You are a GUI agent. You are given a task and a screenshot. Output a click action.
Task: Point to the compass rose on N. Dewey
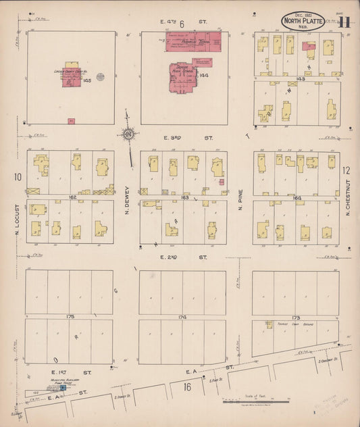(x=128, y=134)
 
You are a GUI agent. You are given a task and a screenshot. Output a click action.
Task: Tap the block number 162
(x=70, y=197)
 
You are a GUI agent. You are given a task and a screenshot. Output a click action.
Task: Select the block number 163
(x=184, y=197)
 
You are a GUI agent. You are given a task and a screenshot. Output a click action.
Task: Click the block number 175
(x=70, y=316)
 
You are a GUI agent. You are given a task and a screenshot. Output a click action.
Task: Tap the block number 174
(x=182, y=316)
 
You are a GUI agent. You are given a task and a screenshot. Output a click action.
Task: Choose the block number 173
(x=296, y=317)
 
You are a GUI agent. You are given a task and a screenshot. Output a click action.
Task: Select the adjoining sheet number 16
(x=187, y=386)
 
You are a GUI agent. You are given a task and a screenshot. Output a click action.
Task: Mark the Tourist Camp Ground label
(x=290, y=326)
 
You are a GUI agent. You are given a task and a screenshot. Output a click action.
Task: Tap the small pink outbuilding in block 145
(x=71, y=121)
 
